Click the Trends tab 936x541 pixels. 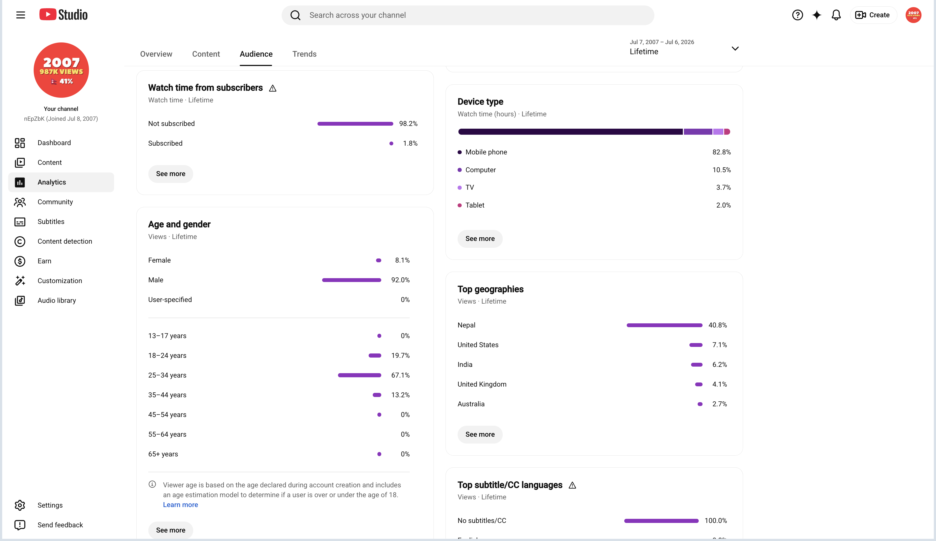[304, 54]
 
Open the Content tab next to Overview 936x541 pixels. [206, 54]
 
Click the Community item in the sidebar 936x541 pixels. [55, 202]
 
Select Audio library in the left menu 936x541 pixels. [56, 300]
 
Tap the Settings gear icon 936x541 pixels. [20, 505]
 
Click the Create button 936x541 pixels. [873, 15]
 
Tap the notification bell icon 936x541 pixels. [836, 15]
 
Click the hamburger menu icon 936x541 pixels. [21, 15]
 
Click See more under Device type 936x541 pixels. [480, 238]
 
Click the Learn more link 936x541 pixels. [181, 505]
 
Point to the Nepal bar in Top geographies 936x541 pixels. [665, 325]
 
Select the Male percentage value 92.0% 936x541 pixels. [400, 280]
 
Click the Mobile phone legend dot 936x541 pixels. [460, 152]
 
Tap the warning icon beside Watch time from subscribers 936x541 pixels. [273, 88]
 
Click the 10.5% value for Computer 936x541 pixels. [721, 170]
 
